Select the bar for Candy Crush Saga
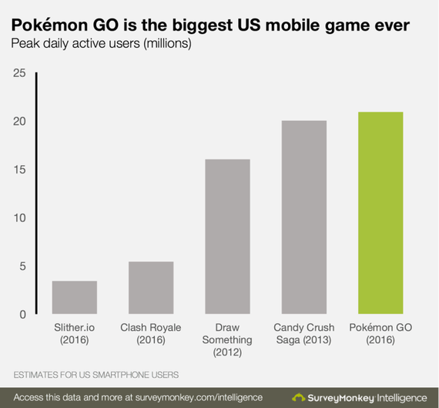click(x=303, y=217)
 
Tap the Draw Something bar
click(x=227, y=237)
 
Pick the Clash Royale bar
click(x=151, y=288)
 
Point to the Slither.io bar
click(x=75, y=297)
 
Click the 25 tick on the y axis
click(x=18, y=73)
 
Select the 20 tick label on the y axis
click(x=18, y=121)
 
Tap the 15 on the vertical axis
click(x=18, y=170)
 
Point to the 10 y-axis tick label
click(x=18, y=217)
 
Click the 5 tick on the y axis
click(x=22, y=266)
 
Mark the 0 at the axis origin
click(x=22, y=314)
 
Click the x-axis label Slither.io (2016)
click(x=75, y=333)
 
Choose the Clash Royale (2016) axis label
click(x=151, y=333)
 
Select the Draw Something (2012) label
click(x=227, y=339)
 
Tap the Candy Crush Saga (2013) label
click(x=303, y=333)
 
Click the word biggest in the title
click(x=179, y=26)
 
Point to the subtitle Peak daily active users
click(x=100, y=44)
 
